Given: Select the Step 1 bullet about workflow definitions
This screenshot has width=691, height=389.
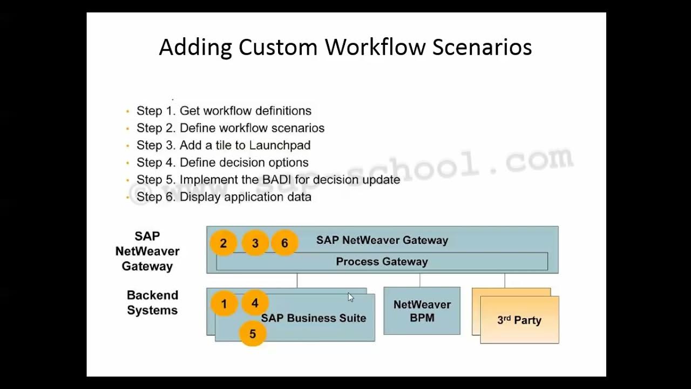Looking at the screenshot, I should point(223,111).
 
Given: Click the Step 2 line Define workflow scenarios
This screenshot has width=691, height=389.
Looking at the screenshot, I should point(230,128).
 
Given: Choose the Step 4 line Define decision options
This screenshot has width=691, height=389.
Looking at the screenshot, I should point(222,163).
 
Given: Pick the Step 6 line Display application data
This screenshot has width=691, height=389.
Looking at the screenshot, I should point(223,197).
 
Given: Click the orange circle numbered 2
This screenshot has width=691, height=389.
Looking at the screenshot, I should point(223,243).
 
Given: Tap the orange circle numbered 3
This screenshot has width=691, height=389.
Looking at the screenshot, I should point(255,243).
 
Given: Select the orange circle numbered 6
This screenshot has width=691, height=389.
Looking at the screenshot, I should point(284,243).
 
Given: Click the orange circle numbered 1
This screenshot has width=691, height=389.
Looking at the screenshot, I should point(224,304).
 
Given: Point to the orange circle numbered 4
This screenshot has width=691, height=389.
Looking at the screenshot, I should point(255,303).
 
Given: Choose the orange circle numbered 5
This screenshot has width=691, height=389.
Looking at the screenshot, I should point(252,334).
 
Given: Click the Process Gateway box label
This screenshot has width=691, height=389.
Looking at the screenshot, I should point(382,261).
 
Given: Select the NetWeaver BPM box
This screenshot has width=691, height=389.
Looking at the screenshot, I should point(422,311).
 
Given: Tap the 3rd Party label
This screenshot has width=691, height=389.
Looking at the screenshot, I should point(519,320).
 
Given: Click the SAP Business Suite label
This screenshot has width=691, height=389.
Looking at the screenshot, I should point(314,318).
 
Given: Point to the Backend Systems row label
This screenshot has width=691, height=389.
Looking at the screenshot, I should point(152,303).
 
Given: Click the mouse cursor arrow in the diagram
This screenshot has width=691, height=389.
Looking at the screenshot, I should point(351,297).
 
